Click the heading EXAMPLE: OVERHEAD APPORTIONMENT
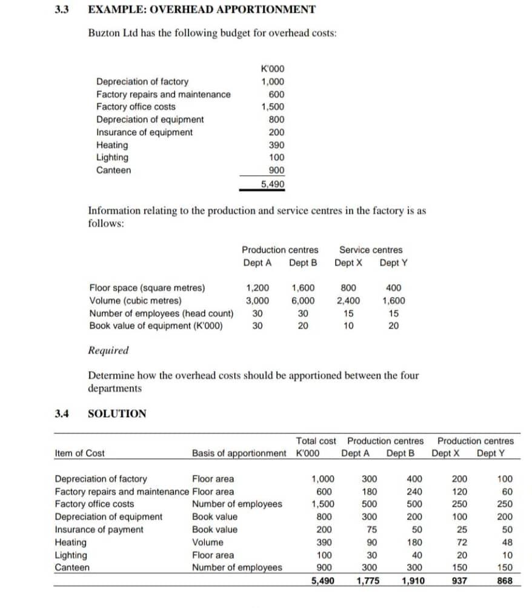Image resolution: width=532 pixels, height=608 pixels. (x=202, y=9)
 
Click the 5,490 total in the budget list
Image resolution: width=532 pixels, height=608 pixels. (x=273, y=184)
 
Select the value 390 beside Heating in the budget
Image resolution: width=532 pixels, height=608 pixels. (x=276, y=145)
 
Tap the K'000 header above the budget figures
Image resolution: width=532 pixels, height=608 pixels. (x=272, y=69)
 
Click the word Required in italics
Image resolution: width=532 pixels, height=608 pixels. (x=108, y=350)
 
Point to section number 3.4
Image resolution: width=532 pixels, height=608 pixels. (x=62, y=414)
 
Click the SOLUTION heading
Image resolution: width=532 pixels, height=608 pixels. (x=117, y=414)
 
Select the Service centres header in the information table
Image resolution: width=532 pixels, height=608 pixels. (x=370, y=250)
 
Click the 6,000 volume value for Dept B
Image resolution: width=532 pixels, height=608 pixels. (x=303, y=301)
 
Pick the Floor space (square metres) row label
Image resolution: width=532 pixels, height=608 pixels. (x=147, y=288)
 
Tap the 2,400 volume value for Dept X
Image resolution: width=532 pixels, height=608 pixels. (x=348, y=301)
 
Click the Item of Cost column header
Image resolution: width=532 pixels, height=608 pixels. (x=79, y=453)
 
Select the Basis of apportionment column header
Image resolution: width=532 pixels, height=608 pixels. (x=239, y=453)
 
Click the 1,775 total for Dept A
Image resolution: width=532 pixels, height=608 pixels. (x=365, y=581)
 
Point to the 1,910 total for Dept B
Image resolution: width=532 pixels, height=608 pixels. (x=412, y=581)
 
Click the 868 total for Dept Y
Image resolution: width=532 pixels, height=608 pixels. (x=505, y=581)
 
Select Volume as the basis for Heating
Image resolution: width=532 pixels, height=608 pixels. (x=206, y=543)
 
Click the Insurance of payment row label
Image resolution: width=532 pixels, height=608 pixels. (x=99, y=529)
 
